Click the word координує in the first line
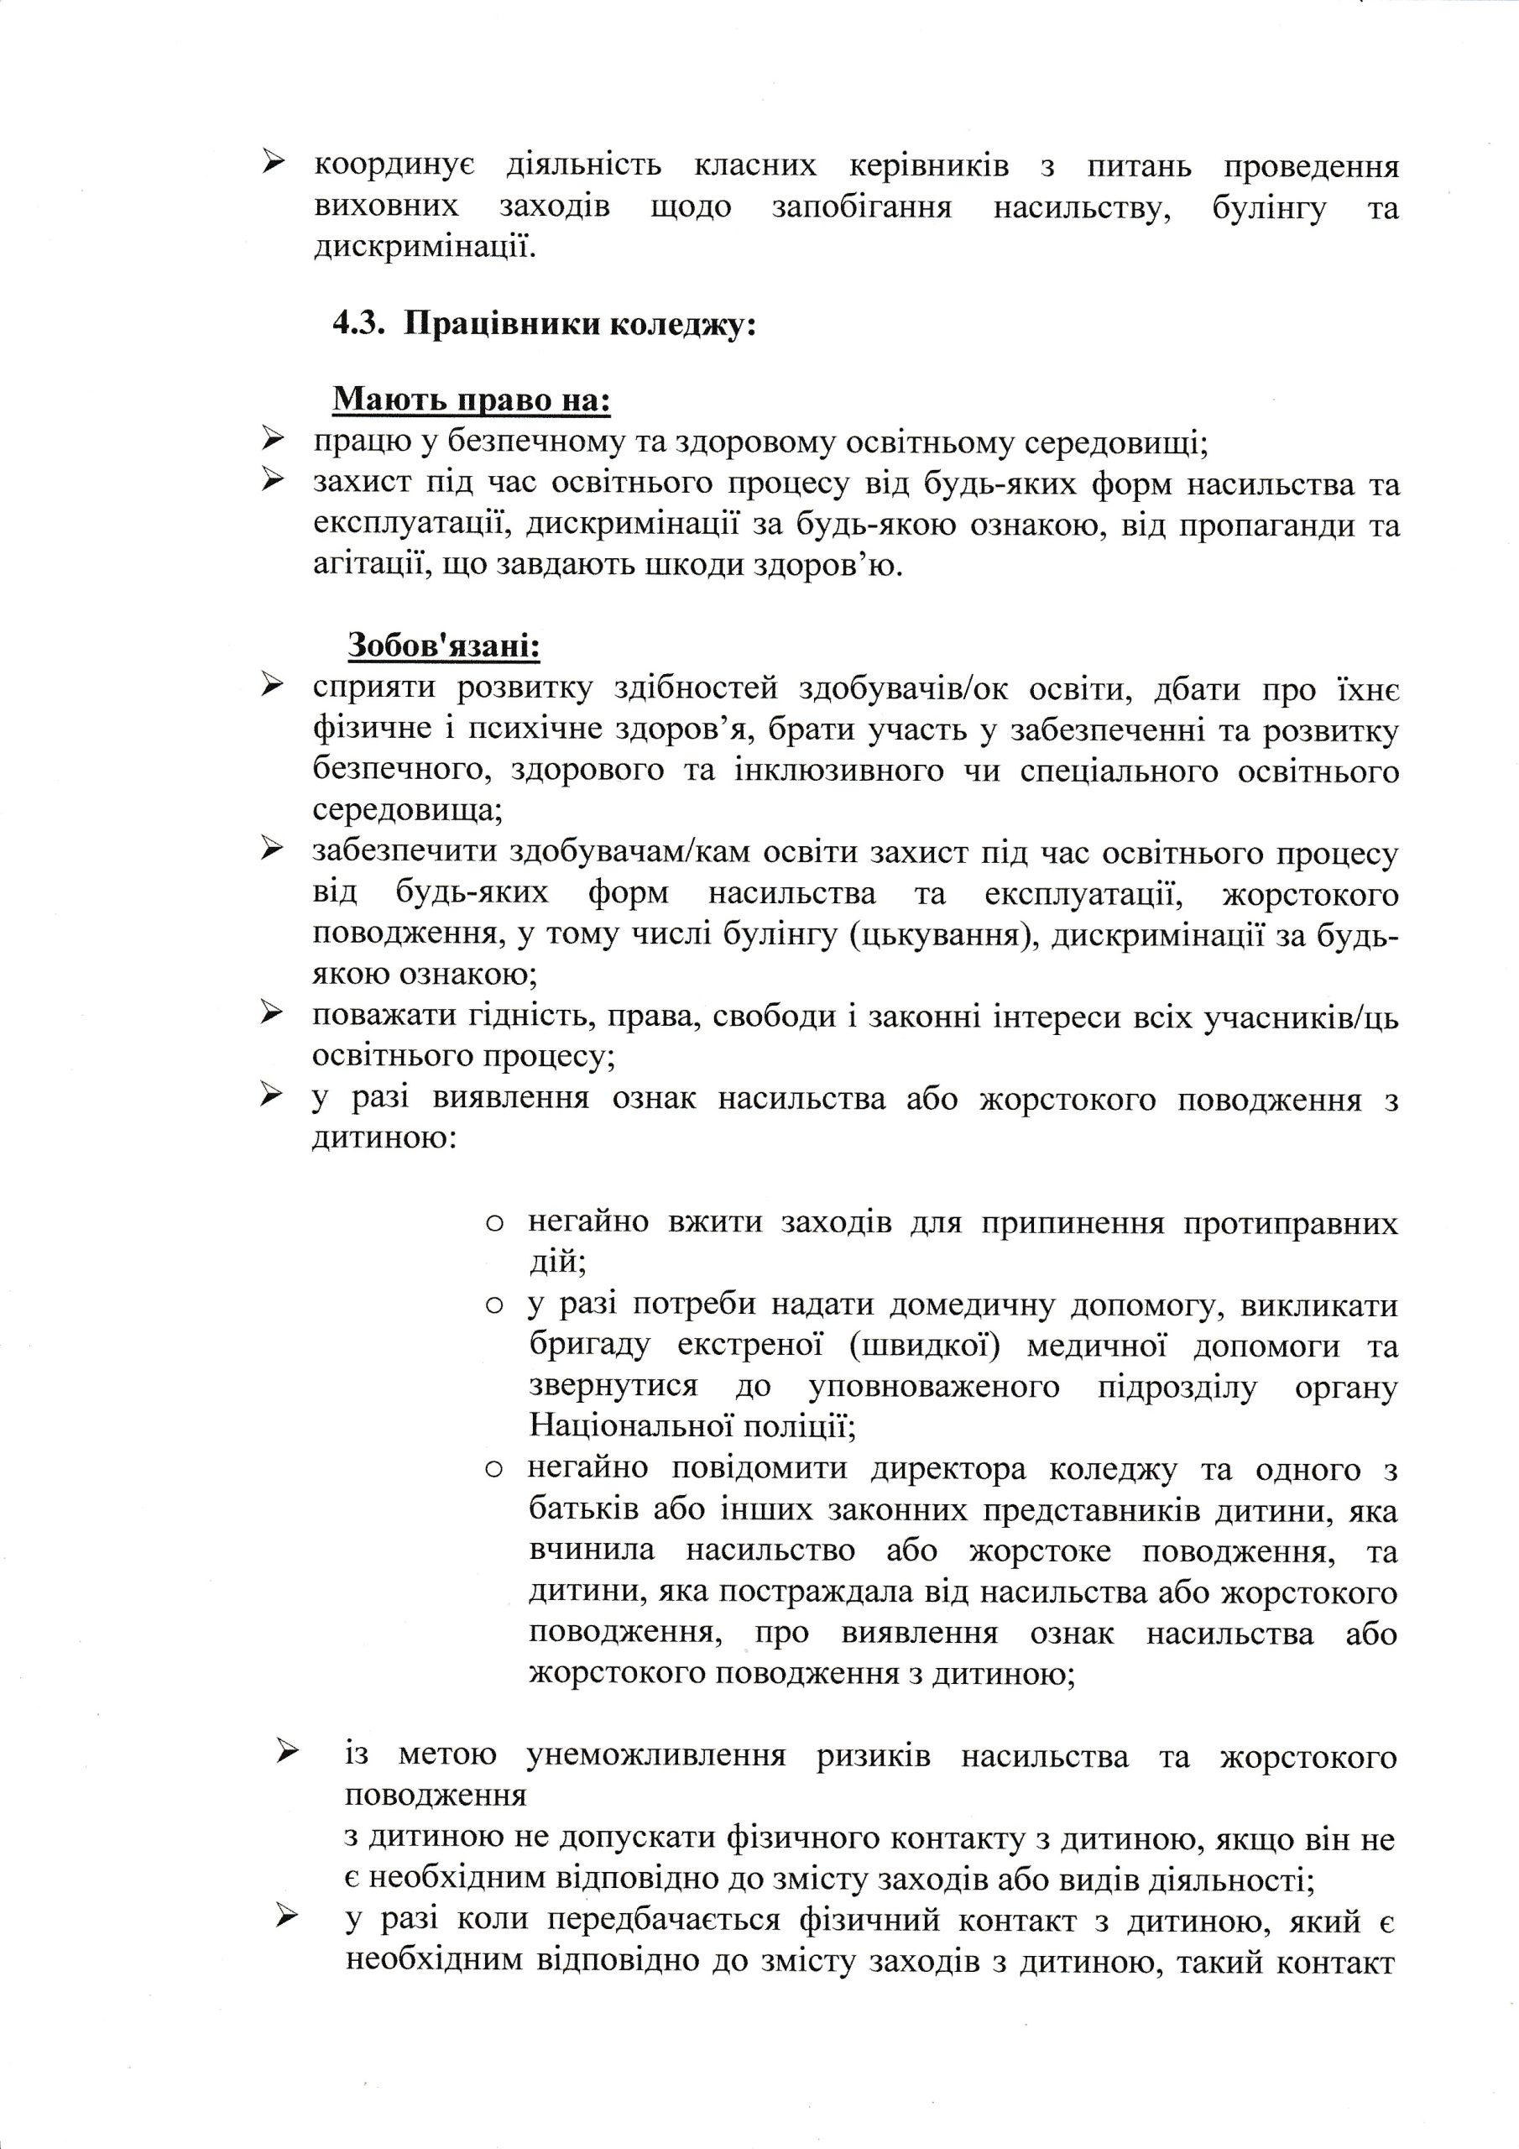tap(394, 166)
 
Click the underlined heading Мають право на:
tap(472, 400)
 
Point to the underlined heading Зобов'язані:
tap(445, 645)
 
